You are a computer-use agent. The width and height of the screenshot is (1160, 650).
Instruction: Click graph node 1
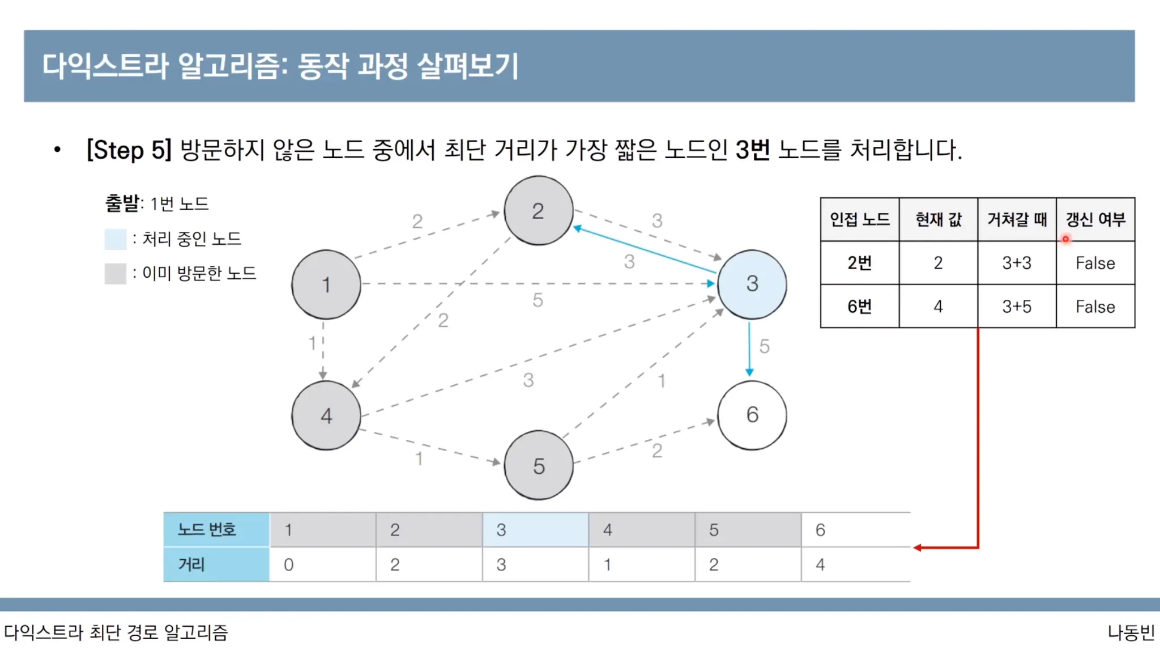326,284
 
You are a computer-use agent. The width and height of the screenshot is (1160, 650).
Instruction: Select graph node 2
538,211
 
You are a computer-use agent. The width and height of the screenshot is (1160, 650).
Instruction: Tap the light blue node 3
752,284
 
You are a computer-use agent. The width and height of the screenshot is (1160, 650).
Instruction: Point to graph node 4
326,415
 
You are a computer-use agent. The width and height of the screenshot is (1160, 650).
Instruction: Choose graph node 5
538,466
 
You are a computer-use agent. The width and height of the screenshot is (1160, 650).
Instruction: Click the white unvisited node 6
752,415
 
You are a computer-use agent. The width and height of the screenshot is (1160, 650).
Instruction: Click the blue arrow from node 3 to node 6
749,349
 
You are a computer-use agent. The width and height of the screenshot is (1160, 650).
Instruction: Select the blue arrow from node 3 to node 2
646,250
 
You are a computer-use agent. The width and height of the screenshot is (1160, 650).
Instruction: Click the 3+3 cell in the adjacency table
1017,263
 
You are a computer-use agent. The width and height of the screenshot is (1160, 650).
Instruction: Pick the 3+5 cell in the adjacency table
1017,307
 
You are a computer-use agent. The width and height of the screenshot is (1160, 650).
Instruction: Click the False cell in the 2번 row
1095,263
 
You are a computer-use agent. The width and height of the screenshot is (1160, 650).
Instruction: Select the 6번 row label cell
859,307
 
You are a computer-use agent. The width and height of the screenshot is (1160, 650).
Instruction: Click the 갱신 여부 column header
1095,219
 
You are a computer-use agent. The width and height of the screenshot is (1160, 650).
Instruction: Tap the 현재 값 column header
938,219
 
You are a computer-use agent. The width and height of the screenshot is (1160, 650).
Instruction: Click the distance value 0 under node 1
289,564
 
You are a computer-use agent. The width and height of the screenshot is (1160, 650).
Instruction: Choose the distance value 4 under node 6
820,564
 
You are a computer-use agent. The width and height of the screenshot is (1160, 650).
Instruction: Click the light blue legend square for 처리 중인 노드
115,239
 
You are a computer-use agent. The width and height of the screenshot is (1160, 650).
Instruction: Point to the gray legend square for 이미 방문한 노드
115,274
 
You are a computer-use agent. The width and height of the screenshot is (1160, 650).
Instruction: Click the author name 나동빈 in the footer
1131,632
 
